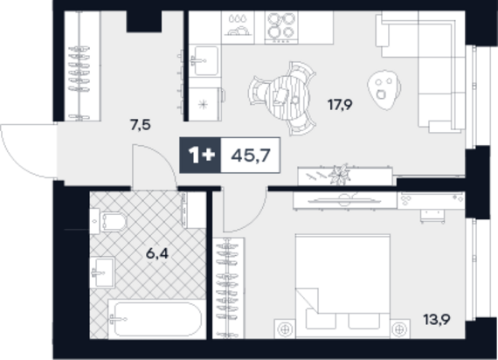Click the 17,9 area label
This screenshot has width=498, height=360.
coord(340,105)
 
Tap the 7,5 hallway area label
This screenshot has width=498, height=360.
coord(141,125)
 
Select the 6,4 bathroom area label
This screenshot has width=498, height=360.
coord(157,254)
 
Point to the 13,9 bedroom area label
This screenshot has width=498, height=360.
coord(437,319)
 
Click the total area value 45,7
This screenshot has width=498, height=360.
coord(251,156)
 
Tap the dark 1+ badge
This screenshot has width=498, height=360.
coord(200,156)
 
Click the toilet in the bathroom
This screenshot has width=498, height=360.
coord(108,221)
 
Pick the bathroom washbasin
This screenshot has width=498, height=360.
coord(102,273)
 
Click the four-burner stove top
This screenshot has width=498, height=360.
coord(281,28)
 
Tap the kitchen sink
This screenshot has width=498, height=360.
coord(204,60)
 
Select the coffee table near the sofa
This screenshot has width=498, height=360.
coord(384,90)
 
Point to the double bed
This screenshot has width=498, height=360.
coord(342,286)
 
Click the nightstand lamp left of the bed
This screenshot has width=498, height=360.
coord(285,329)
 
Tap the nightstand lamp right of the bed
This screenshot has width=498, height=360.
coord(399,329)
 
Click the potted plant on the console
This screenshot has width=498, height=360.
coord(341,175)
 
